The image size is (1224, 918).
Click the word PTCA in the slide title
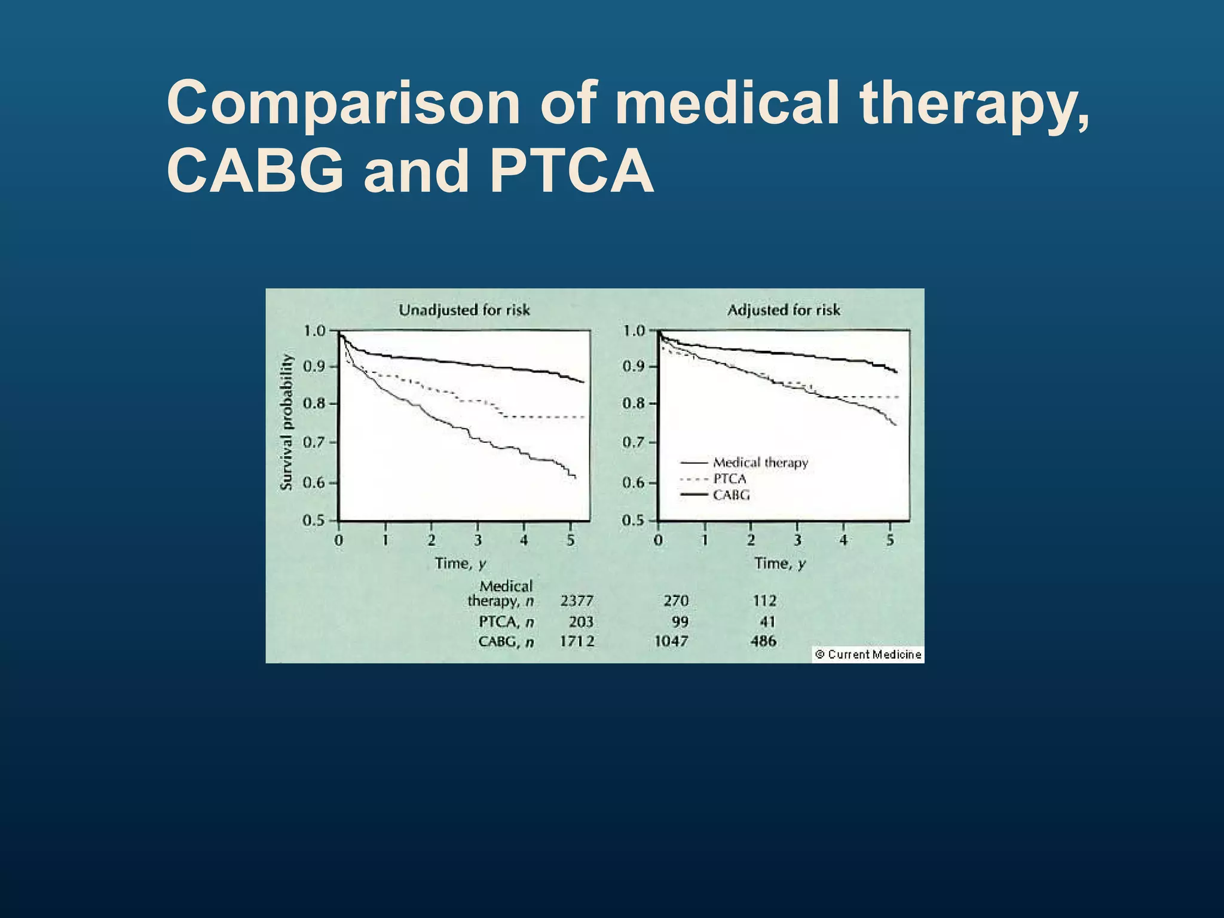click(571, 172)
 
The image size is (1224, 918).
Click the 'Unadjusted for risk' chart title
click(464, 310)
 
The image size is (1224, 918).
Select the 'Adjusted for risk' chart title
click(784, 310)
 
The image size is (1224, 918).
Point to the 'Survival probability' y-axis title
click(287, 422)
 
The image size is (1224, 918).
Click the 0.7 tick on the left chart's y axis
click(314, 443)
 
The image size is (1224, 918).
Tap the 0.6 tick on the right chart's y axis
click(634, 482)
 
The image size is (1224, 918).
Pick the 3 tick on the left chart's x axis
click(478, 540)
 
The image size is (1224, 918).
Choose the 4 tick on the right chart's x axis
click(843, 540)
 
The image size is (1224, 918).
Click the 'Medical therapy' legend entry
click(760, 463)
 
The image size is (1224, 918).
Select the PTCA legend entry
click(730, 479)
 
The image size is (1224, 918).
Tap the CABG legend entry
click(731, 495)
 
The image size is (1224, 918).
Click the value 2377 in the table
click(577, 601)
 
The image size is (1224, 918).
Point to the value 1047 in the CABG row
click(671, 641)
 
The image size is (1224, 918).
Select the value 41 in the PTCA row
click(767, 622)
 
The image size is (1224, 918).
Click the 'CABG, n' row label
click(506, 642)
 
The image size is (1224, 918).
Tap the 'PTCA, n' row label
click(506, 622)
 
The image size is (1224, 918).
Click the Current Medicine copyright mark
click(868, 654)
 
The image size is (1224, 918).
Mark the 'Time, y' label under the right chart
click(780, 564)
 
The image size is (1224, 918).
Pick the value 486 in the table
click(763, 641)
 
